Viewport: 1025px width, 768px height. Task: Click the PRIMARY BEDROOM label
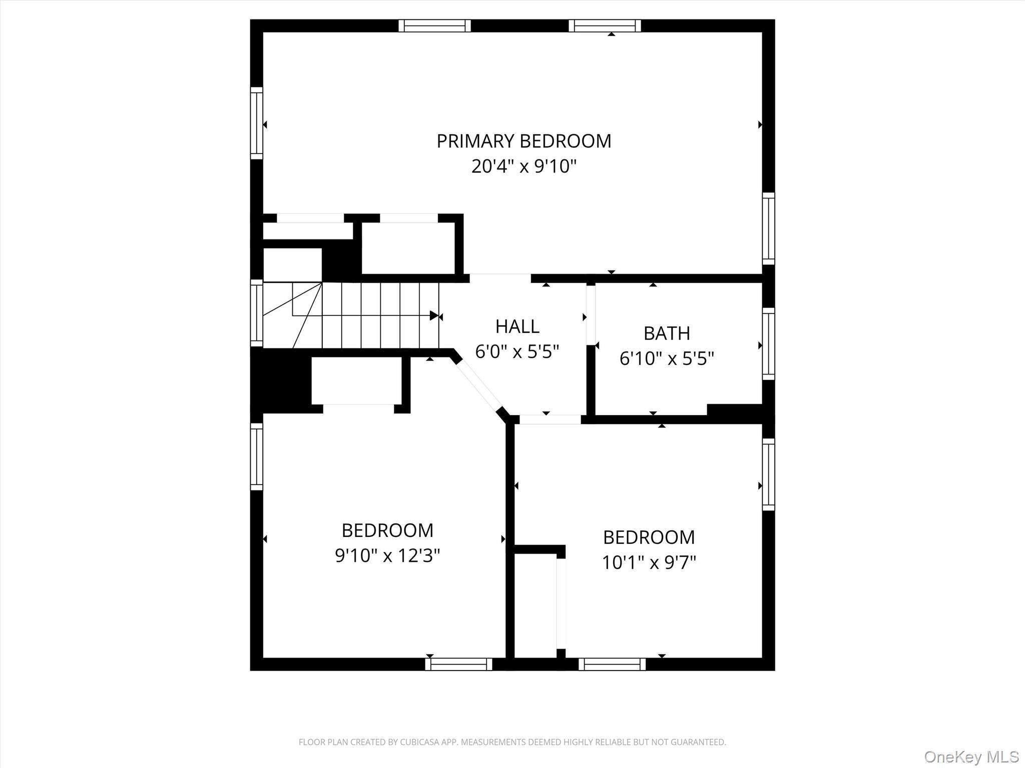[524, 141]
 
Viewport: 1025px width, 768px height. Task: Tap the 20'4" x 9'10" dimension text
[524, 166]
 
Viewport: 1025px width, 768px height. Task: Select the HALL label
[517, 326]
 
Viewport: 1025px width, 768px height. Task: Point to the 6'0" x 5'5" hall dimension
[517, 352]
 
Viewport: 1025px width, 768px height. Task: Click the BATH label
[667, 333]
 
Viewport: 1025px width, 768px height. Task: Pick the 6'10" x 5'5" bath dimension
[667, 358]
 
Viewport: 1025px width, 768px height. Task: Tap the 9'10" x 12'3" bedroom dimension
[387, 555]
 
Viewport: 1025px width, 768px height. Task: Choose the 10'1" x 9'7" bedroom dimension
[649, 562]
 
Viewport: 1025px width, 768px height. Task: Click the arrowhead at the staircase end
[434, 315]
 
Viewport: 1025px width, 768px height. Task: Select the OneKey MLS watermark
[971, 756]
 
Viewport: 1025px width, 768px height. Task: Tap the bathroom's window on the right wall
[768, 344]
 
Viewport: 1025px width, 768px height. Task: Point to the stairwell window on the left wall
[256, 313]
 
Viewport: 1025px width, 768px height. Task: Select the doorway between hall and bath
[591, 315]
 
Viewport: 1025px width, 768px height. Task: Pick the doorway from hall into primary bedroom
[499, 278]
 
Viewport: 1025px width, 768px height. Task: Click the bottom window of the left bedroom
[458, 664]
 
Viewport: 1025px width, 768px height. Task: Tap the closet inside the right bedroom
[536, 605]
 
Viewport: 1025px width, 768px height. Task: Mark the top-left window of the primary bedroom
[434, 25]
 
